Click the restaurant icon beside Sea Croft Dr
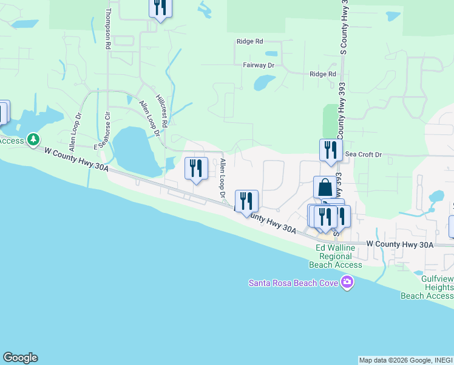point(331,150)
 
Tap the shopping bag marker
point(325,187)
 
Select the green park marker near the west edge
point(33,141)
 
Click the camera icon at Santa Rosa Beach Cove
point(347,282)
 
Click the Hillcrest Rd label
point(161,109)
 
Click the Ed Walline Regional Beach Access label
point(335,256)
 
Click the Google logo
point(20,358)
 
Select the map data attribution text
point(405,360)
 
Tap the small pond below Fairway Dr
point(264,82)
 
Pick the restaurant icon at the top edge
point(160,7)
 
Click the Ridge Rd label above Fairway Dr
point(250,41)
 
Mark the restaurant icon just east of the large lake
point(196,168)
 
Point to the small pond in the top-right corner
point(393,16)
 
